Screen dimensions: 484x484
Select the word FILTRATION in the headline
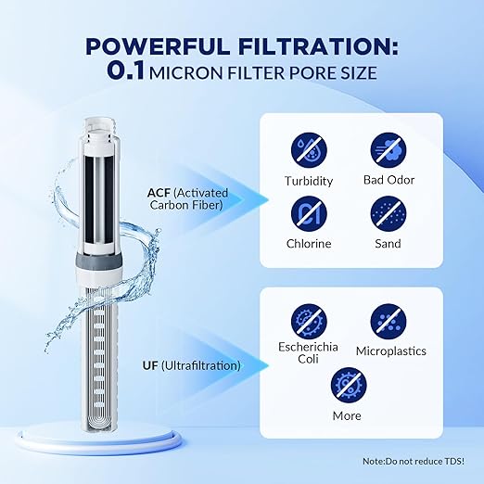point(314,47)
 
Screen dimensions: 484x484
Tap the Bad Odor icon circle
point(388,148)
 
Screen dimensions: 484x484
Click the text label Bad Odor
point(388,181)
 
